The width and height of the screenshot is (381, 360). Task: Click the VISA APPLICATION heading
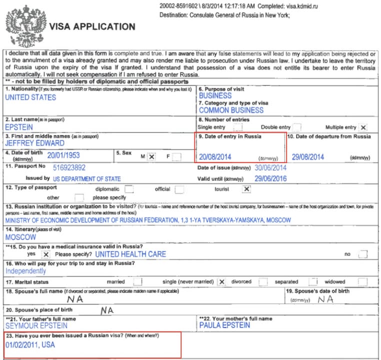point(91,26)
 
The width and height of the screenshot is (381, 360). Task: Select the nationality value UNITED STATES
point(30,97)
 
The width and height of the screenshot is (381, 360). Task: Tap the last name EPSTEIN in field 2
point(19,127)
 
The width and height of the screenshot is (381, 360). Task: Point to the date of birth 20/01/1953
point(63,156)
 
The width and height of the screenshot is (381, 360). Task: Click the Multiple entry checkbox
point(363,127)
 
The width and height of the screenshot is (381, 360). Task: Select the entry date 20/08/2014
point(215,156)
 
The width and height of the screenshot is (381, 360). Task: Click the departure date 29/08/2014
point(308,156)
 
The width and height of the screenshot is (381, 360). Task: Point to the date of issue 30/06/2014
point(270,168)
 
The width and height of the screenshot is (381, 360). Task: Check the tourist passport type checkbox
point(246,189)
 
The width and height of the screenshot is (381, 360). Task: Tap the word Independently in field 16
point(25,271)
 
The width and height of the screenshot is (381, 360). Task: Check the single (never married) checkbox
point(222,281)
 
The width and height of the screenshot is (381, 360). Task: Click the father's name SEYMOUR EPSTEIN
point(36,325)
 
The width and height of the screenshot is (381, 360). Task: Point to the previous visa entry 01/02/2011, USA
point(30,345)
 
